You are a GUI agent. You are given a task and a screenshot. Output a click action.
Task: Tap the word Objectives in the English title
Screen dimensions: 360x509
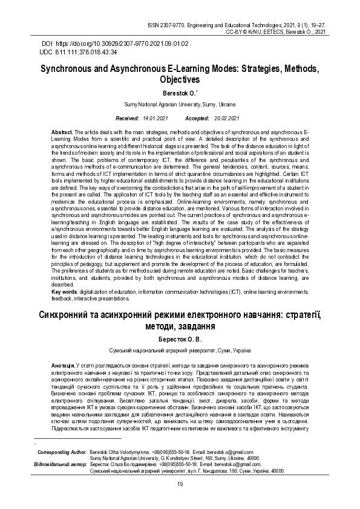pyautogui.click(x=180, y=79)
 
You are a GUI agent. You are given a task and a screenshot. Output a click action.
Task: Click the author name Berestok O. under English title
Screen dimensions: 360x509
pyautogui.click(x=179, y=93)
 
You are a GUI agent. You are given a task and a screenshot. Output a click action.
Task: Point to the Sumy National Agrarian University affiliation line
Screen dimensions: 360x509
pyautogui.click(x=180, y=105)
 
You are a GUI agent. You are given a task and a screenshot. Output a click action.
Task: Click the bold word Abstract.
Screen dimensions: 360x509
pyautogui.click(x=62, y=132)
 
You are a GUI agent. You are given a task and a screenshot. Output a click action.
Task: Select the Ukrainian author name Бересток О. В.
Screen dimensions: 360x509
pyautogui.click(x=179, y=340)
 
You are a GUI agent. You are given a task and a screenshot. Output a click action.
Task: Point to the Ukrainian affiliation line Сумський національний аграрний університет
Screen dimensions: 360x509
pyautogui.click(x=180, y=351)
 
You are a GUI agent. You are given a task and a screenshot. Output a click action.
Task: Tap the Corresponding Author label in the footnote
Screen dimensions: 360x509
pyautogui.click(x=62, y=452)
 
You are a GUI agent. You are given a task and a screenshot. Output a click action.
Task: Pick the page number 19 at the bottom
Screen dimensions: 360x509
pyautogui.click(x=180, y=484)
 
